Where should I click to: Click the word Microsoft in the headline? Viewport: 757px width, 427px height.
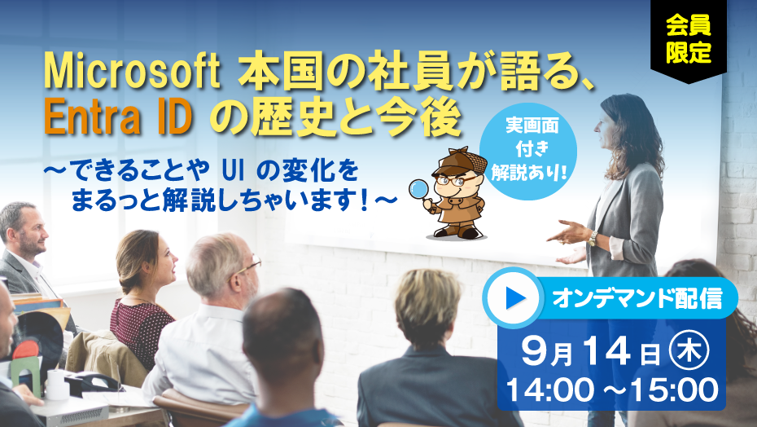pos(133,72)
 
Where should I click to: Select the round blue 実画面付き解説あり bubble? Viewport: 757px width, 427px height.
pos(528,151)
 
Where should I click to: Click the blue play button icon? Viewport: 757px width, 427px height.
pos(514,298)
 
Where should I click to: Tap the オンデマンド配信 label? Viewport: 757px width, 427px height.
pos(637,298)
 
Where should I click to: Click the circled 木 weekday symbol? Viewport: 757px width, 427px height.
pos(689,352)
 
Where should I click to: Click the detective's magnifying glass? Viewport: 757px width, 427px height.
pos(419,190)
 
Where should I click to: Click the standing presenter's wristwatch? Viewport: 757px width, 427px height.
pos(593,238)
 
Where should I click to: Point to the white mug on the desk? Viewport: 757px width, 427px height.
pos(57,385)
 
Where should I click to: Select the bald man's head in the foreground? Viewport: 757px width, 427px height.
pos(282,329)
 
